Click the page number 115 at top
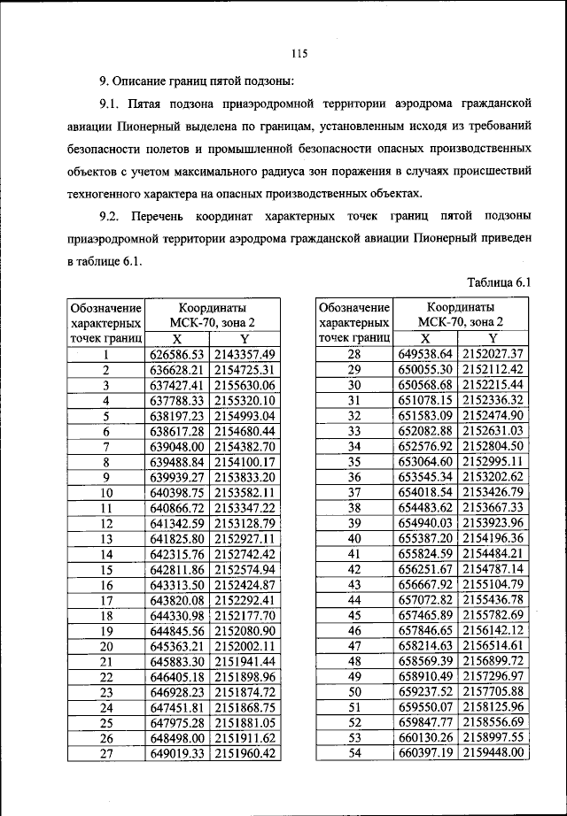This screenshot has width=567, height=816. [x=299, y=53]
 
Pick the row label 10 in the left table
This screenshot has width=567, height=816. [x=106, y=493]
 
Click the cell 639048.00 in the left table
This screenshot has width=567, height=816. [x=177, y=446]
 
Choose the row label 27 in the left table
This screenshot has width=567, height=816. [x=106, y=753]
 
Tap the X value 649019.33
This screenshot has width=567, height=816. [x=177, y=753]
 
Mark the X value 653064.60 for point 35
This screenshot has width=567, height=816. [x=425, y=461]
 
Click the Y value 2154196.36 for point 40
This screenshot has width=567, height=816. [x=493, y=538]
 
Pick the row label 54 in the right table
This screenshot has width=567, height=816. [x=354, y=753]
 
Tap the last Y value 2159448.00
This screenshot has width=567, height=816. [x=493, y=753]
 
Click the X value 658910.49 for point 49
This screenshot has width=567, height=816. [x=425, y=676]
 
